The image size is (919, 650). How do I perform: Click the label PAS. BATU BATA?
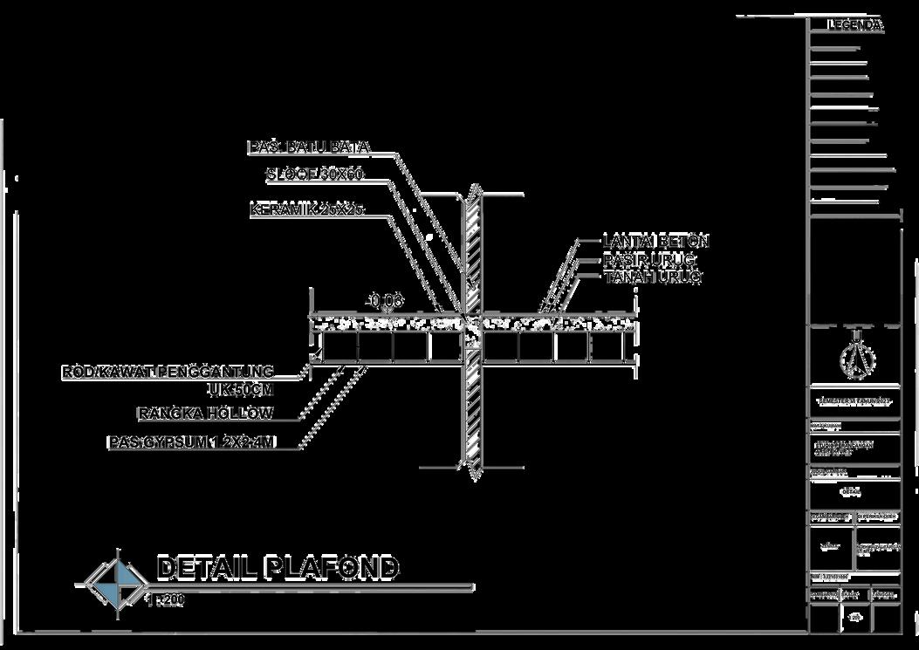pos(309,147)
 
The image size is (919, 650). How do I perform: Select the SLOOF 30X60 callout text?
pos(315,175)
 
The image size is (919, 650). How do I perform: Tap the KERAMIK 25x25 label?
pos(305,210)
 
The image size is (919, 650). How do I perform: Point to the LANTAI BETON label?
pos(656,241)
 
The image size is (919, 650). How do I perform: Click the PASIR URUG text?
pos(649,260)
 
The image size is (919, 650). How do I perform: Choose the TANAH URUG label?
pos(653,277)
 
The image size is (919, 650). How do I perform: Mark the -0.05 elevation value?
pos(384,301)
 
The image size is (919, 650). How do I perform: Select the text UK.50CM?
pos(241,389)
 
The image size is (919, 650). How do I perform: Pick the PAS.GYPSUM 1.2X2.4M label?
pos(192,443)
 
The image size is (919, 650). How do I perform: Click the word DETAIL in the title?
pos(205,568)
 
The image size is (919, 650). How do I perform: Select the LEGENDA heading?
pos(855,26)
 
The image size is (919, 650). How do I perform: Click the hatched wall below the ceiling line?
pos(472,410)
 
